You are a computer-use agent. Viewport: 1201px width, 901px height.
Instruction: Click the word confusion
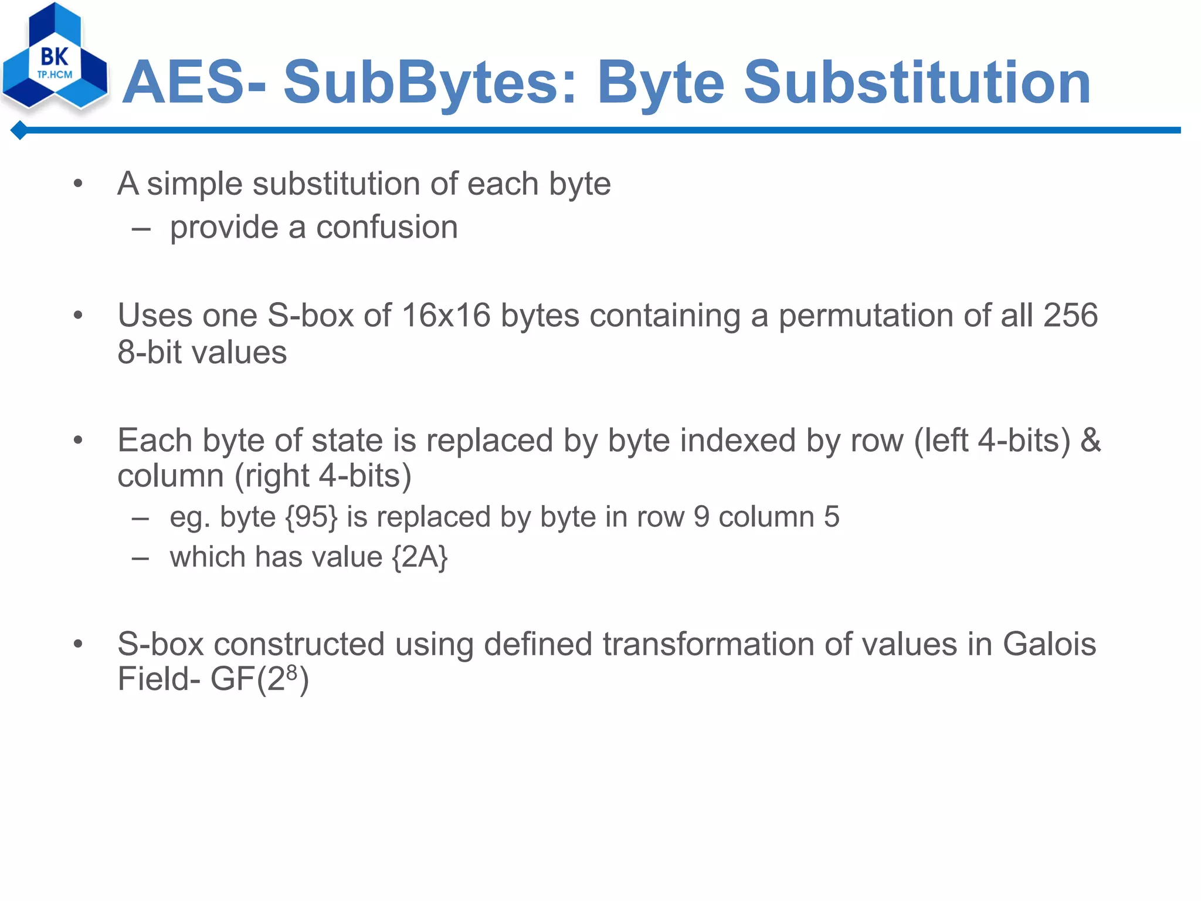387,227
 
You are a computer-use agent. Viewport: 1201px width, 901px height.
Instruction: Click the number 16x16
446,315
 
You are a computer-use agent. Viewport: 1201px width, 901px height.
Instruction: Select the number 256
1070,315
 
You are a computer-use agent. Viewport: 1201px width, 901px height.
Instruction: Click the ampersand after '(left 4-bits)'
1090,440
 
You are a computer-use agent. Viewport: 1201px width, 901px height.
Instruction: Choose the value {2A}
420,557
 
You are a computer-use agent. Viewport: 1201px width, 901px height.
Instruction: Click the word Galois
1049,643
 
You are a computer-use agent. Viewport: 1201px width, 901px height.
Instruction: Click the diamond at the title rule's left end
20,130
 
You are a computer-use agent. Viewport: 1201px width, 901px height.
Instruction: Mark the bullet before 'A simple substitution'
78,184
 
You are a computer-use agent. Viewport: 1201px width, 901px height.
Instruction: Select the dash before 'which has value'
140,557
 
